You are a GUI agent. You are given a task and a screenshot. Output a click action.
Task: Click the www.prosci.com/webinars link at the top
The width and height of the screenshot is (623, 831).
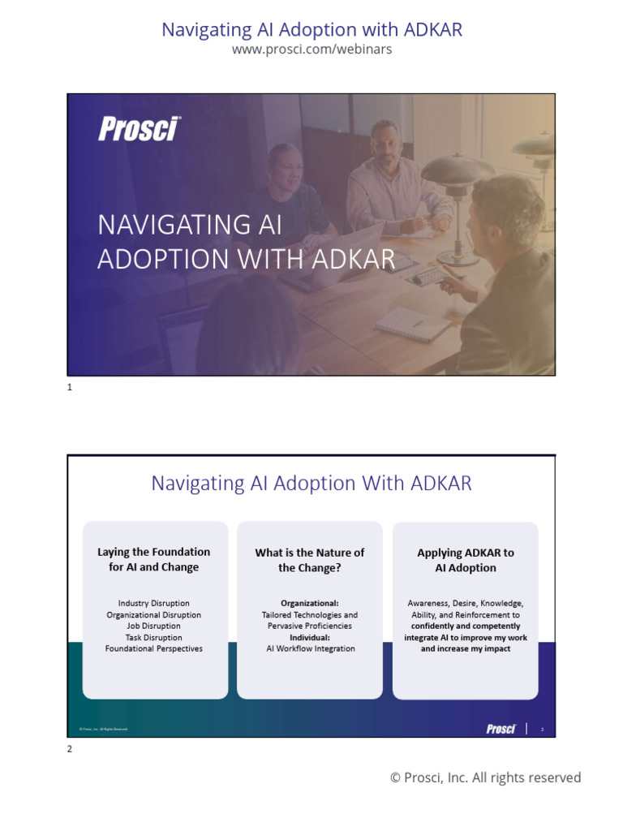coord(311,50)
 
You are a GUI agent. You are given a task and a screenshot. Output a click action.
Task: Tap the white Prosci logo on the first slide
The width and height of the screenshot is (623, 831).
coord(139,128)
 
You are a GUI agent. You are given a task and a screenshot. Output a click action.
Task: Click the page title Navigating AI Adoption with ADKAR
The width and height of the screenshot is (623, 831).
coord(311,30)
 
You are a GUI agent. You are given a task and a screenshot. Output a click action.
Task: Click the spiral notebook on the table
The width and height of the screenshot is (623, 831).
coord(412,324)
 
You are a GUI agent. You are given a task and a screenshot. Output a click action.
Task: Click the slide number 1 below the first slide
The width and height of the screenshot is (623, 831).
coord(70,388)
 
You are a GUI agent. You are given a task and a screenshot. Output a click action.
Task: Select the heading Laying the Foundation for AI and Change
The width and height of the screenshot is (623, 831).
coord(154,559)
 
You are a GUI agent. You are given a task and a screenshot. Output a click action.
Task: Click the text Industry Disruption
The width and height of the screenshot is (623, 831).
coord(154,603)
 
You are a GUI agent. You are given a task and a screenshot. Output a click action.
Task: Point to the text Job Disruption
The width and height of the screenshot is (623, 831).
coord(154,626)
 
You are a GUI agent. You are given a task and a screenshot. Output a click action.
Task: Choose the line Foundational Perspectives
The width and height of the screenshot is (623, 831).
coord(154,648)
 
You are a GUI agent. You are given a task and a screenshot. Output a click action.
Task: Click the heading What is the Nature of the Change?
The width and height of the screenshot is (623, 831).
coord(310,560)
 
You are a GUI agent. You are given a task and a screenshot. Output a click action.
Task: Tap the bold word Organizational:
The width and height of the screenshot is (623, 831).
coord(310,603)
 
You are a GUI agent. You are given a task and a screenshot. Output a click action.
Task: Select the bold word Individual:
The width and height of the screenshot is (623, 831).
coord(310,637)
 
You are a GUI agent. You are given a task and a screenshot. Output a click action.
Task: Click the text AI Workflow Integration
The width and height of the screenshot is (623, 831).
coord(310,648)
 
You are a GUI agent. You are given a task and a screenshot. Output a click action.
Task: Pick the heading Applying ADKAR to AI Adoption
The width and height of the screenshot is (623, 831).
coord(466,560)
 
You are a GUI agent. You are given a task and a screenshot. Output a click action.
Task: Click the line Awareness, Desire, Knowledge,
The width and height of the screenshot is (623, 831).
coord(466,603)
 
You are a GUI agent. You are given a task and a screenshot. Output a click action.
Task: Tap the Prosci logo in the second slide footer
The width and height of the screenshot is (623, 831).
coord(501,729)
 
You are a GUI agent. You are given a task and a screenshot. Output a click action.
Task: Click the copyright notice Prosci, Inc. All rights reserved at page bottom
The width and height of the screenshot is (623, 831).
coord(485,777)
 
